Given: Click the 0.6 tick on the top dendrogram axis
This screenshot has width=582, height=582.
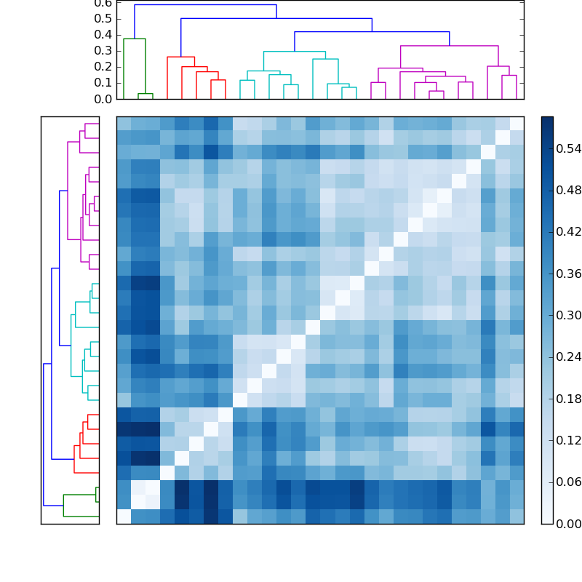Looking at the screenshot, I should coord(103,3).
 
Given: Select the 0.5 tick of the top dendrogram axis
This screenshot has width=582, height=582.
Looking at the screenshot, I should coord(103,19).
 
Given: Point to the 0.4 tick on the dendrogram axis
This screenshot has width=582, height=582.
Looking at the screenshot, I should coord(103,35).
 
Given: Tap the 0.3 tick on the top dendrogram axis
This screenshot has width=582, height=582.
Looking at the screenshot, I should coord(103,51).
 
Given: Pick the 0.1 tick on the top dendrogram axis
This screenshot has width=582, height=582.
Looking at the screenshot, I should coord(103,83).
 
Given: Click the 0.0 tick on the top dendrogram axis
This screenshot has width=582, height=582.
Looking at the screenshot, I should coord(103,99).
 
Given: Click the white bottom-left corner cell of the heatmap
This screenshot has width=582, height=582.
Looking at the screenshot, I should coord(124,517).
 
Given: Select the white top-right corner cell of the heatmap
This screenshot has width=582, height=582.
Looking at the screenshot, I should coord(517,123).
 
